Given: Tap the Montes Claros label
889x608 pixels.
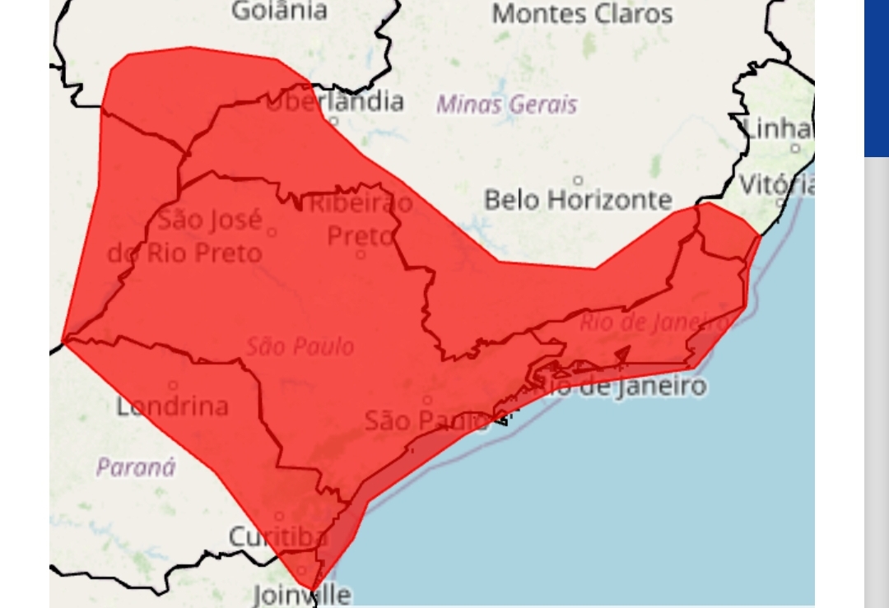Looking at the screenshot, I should pyautogui.click(x=582, y=14).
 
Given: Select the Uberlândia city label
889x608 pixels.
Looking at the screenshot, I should pyautogui.click(x=335, y=102).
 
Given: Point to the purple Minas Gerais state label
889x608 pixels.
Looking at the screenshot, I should pyautogui.click(x=506, y=104).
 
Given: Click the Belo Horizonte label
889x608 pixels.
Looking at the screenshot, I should pyautogui.click(x=578, y=200).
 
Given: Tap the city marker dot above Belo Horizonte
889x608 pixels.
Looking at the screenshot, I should pyautogui.click(x=578, y=180).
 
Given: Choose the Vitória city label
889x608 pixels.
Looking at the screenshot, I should pyautogui.click(x=776, y=184).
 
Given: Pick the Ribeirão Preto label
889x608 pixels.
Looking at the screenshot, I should pyautogui.click(x=361, y=219).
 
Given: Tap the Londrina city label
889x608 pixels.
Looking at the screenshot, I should pyautogui.click(x=172, y=406).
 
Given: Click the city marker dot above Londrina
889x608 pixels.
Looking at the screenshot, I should pyautogui.click(x=173, y=385).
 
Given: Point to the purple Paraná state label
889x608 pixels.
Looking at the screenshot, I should pyautogui.click(x=136, y=467).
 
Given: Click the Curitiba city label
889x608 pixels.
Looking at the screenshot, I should pyautogui.click(x=277, y=537).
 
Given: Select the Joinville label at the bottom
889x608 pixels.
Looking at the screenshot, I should pyautogui.click(x=301, y=594).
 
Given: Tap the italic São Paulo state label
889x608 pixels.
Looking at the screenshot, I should pyautogui.click(x=300, y=346).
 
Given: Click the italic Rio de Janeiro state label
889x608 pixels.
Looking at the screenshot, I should pyautogui.click(x=655, y=322).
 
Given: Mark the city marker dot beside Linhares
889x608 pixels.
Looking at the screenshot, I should pyautogui.click(x=795, y=148).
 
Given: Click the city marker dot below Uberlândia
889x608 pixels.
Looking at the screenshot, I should pyautogui.click(x=333, y=122).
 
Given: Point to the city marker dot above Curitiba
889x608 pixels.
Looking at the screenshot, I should pyautogui.click(x=279, y=517).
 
